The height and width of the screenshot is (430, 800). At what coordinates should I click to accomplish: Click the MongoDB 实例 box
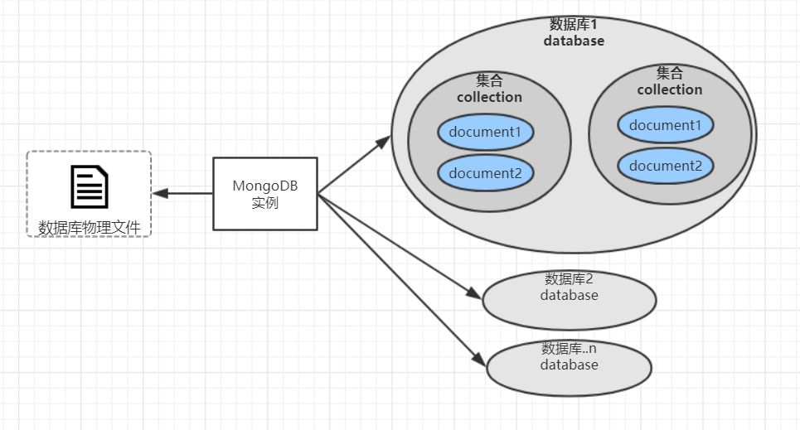265,193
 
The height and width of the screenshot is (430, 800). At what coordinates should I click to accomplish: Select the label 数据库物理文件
89,225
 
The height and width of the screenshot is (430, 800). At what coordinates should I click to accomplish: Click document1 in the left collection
485,132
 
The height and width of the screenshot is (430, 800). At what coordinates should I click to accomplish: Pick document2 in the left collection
485,172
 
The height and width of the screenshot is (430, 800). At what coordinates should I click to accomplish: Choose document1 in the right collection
665,125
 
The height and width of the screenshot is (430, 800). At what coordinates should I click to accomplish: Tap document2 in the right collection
665,165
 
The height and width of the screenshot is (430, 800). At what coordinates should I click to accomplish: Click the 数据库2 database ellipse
569,298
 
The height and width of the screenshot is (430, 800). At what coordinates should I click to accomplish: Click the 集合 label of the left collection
489,80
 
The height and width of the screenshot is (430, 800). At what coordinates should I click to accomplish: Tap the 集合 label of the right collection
669,73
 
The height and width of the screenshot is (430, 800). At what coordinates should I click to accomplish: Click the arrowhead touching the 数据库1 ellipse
383,143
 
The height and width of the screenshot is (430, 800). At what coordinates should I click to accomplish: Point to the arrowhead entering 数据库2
473,294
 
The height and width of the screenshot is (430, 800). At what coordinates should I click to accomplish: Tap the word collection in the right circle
669,89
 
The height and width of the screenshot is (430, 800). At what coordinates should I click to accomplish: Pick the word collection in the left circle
489,97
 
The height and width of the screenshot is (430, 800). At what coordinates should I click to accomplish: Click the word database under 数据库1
574,41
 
